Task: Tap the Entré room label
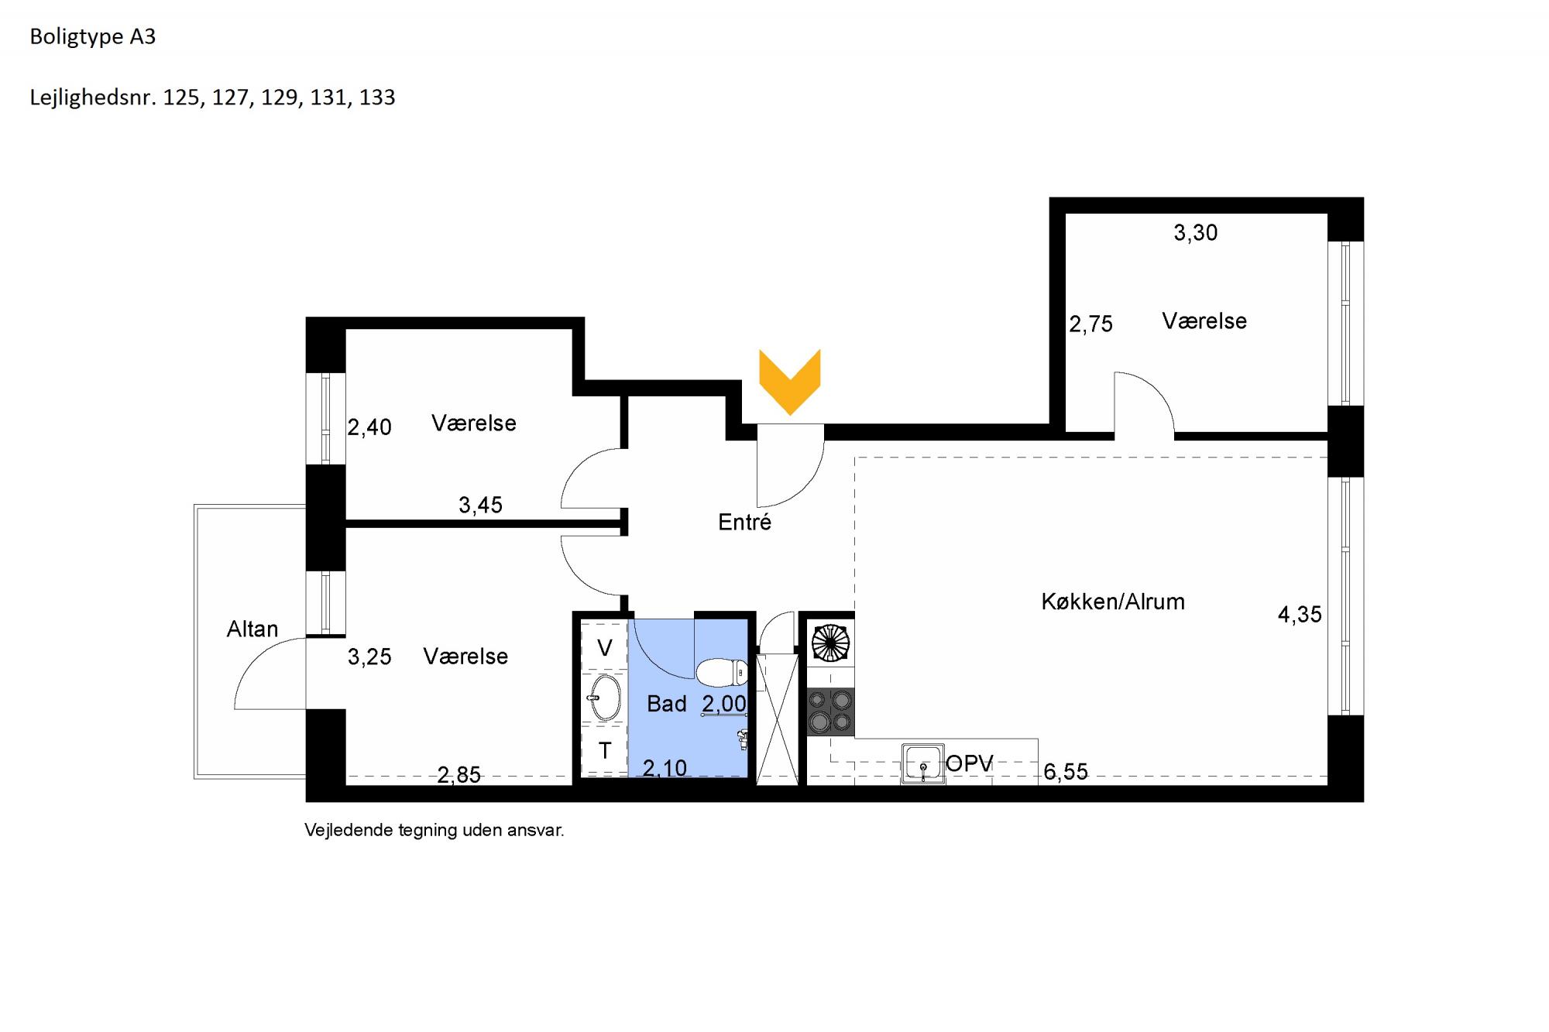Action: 744,523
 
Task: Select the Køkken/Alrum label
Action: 1113,602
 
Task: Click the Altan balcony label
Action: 252,629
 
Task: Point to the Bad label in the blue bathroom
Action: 667,704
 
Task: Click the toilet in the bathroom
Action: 722,673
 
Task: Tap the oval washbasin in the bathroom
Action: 605,697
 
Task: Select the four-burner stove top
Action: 830,711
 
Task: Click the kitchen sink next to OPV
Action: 922,764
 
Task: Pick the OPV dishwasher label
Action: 970,763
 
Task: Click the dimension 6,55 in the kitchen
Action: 1066,772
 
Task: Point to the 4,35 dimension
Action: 1300,615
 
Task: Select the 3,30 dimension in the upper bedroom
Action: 1196,233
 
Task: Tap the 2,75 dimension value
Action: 1091,324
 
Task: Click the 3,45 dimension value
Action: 481,506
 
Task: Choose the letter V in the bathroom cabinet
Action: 605,648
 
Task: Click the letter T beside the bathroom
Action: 605,750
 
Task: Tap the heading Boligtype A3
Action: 93,37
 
